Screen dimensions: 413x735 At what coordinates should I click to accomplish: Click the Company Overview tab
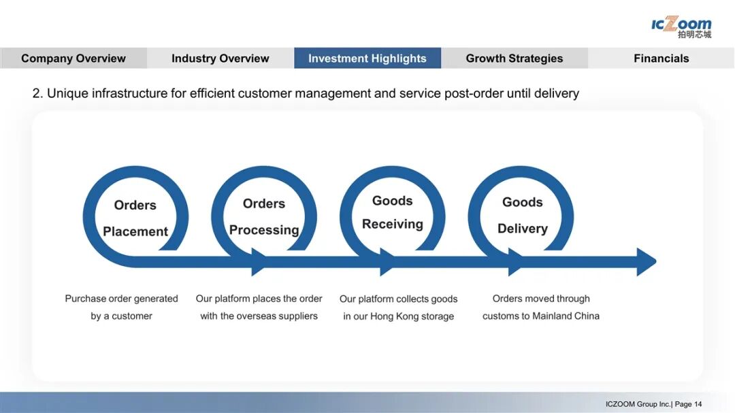point(73,59)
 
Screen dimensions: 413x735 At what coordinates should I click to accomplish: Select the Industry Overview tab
point(220,59)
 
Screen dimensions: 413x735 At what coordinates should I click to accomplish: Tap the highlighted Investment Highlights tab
point(367,59)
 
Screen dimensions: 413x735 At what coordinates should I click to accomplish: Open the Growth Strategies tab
point(514,59)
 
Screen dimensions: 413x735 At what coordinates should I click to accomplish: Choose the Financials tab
point(661,59)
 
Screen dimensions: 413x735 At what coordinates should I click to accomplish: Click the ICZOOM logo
point(681,27)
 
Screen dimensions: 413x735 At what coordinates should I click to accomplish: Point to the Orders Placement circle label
point(135,218)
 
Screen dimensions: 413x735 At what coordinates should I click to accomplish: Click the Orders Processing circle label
point(264,216)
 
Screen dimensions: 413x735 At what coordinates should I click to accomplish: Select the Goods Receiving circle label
point(393,212)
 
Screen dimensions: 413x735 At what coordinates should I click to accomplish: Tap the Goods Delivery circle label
point(522,215)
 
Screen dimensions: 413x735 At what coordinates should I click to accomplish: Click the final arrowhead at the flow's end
point(646,262)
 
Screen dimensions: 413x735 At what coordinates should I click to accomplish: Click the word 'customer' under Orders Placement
point(132,316)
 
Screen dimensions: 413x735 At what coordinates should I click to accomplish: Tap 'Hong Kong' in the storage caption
point(393,316)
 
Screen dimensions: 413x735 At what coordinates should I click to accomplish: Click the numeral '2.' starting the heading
point(37,94)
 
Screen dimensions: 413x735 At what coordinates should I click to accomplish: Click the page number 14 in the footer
point(698,404)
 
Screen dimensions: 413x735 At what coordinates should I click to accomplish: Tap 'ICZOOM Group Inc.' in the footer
point(638,404)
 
